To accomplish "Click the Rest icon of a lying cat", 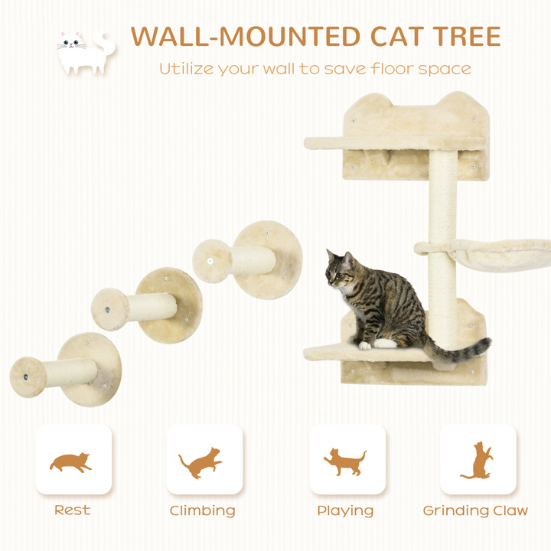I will click(x=71, y=461).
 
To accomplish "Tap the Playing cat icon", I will click(x=346, y=461).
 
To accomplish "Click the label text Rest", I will click(x=72, y=510).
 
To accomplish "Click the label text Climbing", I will click(x=203, y=511).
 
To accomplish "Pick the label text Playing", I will click(x=346, y=511).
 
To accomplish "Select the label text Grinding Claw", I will click(x=476, y=511).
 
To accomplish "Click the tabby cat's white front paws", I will click(x=375, y=345).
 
